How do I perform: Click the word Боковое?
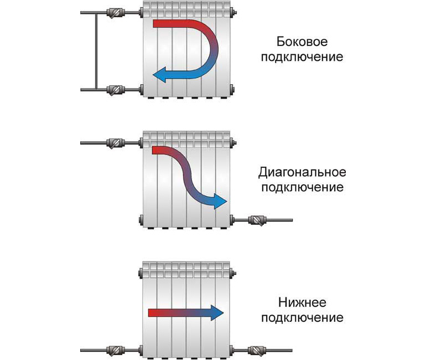[x=302, y=43]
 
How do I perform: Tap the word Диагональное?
[x=302, y=173]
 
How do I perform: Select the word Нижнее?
[x=302, y=303]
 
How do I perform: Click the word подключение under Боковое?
[x=302, y=58]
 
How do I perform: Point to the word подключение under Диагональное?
[x=302, y=188]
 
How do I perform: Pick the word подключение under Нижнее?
[x=302, y=318]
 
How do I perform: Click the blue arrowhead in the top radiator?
[x=160, y=75]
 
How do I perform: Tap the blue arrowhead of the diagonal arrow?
[x=220, y=202]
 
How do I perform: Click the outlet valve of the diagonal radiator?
[x=257, y=220]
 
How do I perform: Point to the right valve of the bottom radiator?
[x=257, y=351]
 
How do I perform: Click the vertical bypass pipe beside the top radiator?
[x=96, y=50]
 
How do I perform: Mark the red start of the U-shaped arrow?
[x=160, y=24]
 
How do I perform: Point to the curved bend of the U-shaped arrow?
[x=213, y=50]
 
